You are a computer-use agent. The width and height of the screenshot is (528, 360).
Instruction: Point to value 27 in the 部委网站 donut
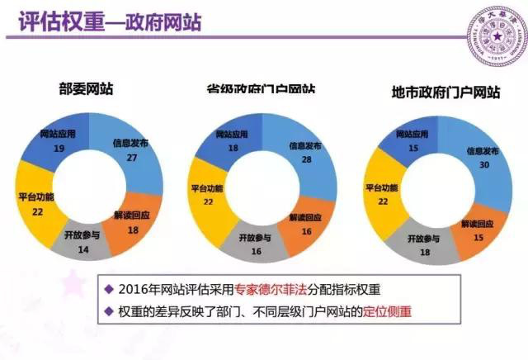pos(131,158)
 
